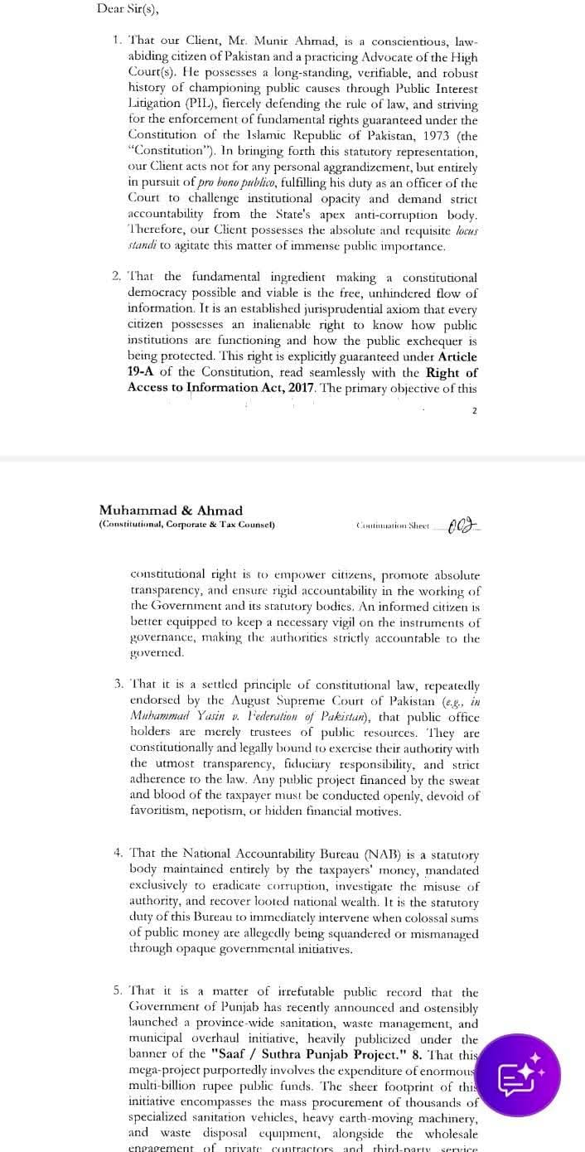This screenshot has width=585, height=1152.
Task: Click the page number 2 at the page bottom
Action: (476, 411)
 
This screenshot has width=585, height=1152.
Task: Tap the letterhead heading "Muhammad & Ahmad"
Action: (171, 511)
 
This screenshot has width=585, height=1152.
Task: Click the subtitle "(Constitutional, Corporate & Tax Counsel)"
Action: (186, 525)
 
